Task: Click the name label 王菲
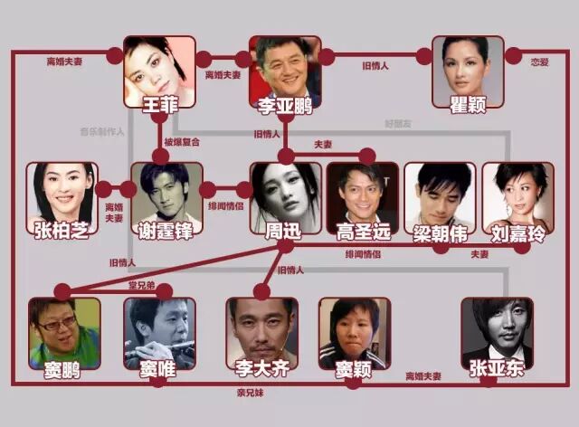[159, 105]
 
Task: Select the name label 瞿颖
[467, 106]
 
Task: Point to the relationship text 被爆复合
[182, 142]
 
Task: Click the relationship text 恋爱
[540, 62]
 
